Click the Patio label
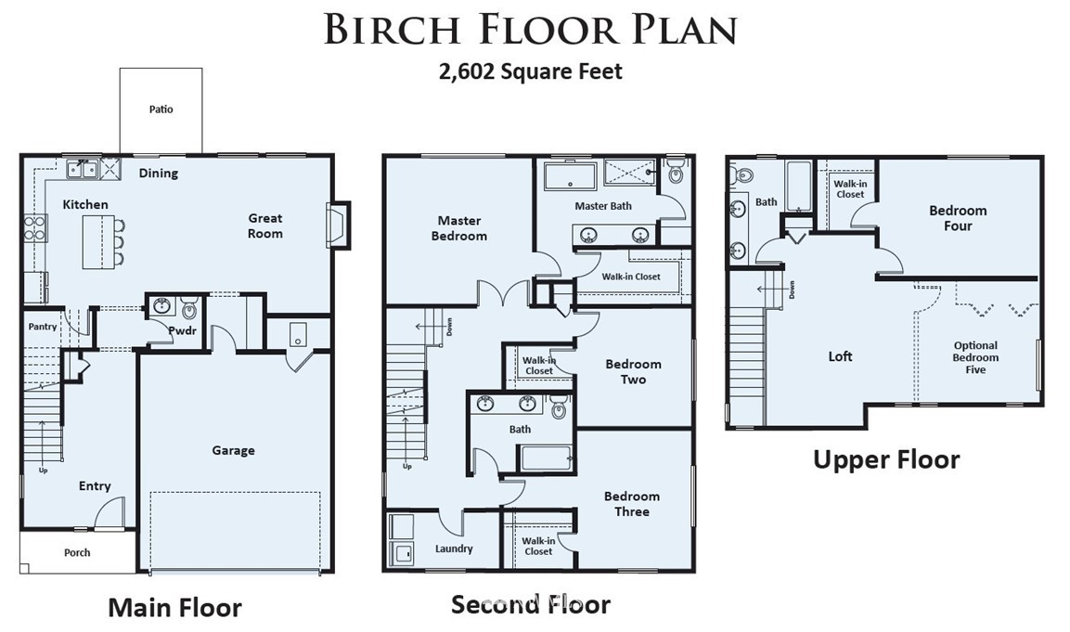tap(161, 110)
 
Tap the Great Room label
tap(264, 226)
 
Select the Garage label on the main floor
tap(233, 450)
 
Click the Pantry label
tap(43, 327)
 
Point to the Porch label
tap(77, 553)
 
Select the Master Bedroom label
tap(459, 228)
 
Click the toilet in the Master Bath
tap(675, 172)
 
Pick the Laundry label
tap(454, 548)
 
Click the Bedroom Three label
tap(632, 504)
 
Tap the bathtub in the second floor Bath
tap(546, 458)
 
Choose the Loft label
tap(840, 356)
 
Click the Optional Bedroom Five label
tap(976, 357)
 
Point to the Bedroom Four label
tap(958, 218)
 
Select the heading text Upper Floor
tap(886, 460)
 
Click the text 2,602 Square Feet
tap(530, 71)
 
